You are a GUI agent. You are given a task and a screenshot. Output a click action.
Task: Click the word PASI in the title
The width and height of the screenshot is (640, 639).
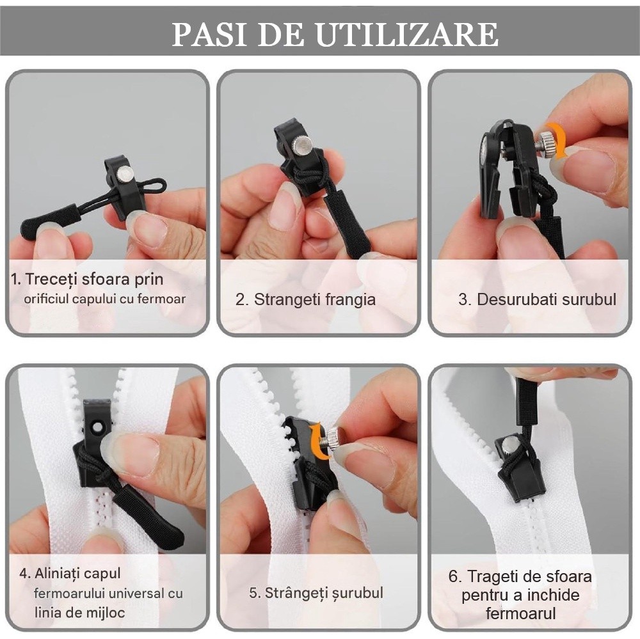pos(208,35)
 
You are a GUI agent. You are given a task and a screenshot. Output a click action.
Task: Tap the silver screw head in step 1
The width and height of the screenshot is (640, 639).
pos(125,175)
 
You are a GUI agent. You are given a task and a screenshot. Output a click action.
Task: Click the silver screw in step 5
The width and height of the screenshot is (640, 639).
pos(333,439)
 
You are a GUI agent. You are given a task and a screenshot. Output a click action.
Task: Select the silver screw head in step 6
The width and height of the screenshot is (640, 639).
pos(509,443)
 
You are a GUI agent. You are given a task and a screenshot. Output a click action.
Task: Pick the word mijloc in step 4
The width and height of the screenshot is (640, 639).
pos(106,613)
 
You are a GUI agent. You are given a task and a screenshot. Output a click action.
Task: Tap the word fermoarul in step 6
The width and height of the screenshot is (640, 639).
pos(521,613)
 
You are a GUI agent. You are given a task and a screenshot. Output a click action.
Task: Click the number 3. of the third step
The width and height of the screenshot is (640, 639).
pos(465,299)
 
